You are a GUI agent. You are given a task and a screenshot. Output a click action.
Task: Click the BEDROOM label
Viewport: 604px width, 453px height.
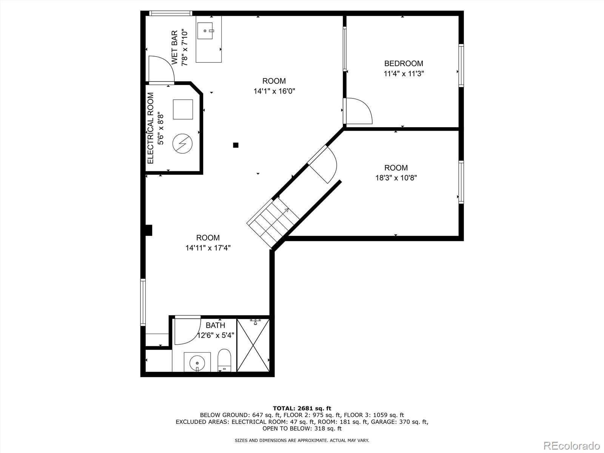click(404, 63)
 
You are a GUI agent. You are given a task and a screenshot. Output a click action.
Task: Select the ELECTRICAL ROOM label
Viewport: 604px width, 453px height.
click(151, 128)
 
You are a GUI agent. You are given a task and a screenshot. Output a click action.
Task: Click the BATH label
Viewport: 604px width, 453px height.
click(215, 325)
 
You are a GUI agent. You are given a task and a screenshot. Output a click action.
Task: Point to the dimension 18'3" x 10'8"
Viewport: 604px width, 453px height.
click(396, 178)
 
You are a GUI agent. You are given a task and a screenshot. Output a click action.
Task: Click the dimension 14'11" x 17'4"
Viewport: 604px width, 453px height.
click(208, 248)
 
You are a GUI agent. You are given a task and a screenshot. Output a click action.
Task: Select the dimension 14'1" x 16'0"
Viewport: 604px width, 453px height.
click(274, 91)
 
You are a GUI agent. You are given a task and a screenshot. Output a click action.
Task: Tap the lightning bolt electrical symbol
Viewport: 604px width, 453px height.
click(182, 144)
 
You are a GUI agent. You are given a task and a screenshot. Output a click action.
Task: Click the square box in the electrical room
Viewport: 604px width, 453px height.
click(183, 109)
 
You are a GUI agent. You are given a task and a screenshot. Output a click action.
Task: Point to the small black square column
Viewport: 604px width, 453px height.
click(236, 145)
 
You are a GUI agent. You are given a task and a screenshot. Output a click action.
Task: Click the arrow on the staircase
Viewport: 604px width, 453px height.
click(286, 210)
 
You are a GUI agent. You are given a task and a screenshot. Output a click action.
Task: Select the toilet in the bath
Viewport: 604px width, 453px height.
click(224, 360)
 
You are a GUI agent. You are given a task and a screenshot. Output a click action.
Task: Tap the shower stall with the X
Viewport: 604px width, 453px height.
click(253, 345)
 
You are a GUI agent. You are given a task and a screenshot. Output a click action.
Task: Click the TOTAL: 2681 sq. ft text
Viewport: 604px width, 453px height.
click(302, 408)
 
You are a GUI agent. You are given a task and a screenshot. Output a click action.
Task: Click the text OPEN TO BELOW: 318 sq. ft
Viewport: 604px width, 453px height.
click(302, 428)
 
